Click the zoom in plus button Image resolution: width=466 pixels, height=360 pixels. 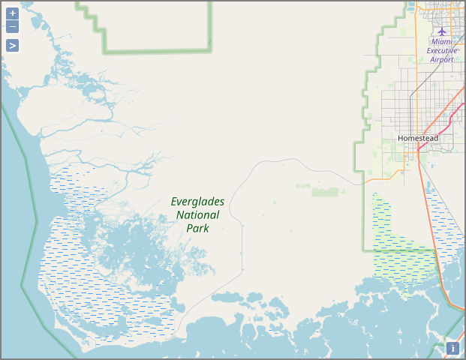point(13,13)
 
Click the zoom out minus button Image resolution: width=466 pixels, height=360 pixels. point(13,27)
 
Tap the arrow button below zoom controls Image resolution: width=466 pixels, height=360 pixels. point(13,45)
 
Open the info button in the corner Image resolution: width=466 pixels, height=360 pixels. point(452,348)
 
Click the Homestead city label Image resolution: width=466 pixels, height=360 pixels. point(418,139)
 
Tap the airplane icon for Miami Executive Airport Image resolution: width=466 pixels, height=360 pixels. point(442,31)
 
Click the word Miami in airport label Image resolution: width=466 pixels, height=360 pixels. point(442,42)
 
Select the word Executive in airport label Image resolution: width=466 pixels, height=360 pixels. point(442,50)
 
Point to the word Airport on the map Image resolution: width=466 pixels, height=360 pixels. point(442,59)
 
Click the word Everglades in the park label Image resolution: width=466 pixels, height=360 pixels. point(197,202)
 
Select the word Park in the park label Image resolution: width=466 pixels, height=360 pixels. point(197,228)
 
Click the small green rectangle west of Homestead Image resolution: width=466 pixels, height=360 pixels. point(325,192)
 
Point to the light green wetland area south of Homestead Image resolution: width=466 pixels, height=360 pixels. point(401,259)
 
